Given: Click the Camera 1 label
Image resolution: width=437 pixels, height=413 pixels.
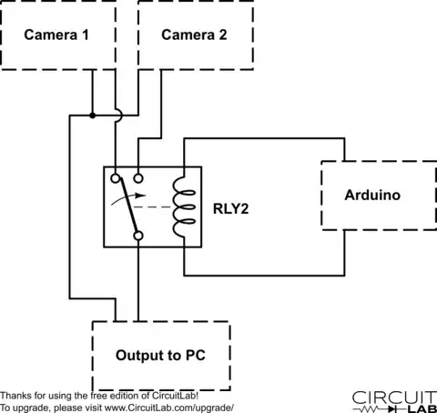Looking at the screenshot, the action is (56, 35).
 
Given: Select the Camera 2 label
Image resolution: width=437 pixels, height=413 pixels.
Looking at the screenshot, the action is (194, 35).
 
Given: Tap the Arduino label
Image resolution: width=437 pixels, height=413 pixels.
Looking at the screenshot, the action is (372, 195).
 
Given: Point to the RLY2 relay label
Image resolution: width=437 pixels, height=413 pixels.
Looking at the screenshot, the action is (231, 208).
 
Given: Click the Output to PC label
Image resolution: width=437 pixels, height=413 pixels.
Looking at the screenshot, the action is (160, 355).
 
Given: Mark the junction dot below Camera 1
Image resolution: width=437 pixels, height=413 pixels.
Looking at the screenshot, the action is (93, 116).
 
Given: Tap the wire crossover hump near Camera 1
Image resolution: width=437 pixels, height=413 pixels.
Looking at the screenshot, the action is (119, 116).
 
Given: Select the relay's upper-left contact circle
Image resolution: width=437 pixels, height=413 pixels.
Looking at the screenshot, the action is (116, 178).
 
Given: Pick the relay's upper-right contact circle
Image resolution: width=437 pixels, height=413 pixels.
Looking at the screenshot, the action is (138, 178).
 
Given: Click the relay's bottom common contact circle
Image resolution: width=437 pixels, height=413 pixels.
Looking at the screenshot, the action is (138, 236).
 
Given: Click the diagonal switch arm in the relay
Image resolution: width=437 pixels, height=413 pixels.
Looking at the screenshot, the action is (128, 206).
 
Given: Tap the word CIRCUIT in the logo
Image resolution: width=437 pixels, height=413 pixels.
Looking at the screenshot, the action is (394, 398).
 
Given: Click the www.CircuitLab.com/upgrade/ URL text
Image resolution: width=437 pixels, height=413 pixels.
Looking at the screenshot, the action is (169, 408).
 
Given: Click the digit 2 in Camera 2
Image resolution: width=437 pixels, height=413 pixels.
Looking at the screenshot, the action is (223, 35).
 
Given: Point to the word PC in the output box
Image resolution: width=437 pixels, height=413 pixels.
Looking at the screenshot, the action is (195, 355).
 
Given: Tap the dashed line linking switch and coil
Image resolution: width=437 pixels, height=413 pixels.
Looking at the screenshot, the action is (153, 207).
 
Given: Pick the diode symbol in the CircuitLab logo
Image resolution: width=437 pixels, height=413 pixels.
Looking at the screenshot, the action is (391, 409).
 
